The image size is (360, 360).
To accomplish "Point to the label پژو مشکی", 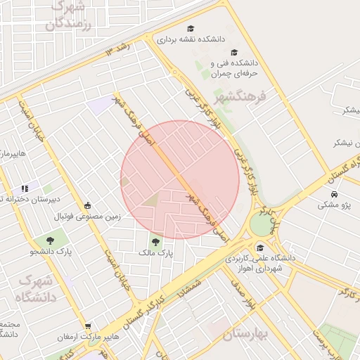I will (x=335, y=205).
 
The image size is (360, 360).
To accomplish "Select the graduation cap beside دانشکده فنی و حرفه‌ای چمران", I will (x=234, y=52).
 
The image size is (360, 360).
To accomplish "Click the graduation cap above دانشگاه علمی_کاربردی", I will (x=261, y=247).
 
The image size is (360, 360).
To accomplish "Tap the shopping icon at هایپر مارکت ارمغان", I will (x=87, y=326).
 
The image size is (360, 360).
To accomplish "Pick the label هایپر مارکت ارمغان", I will (x=87, y=337).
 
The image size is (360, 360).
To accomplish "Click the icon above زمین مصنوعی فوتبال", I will (x=87, y=205).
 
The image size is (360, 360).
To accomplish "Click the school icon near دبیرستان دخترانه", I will (x=25, y=188).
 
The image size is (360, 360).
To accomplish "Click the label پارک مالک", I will (x=155, y=251).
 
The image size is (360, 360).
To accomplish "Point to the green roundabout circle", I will (x=261, y=224).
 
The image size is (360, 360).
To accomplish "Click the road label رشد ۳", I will (x=119, y=49).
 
